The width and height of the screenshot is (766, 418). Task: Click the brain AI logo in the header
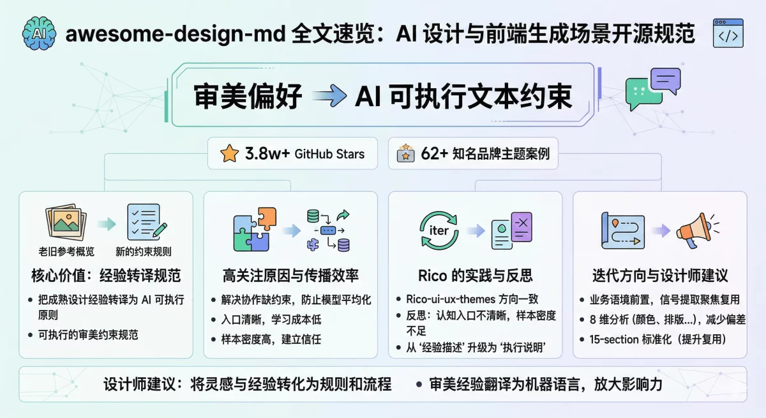[38, 32]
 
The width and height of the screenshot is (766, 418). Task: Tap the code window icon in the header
[728, 33]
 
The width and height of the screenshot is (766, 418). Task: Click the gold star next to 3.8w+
[228, 153]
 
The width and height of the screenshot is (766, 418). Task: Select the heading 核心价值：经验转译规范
[106, 276]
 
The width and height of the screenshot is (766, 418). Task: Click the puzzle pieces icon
[255, 229]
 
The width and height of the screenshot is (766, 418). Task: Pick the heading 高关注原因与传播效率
[290, 276]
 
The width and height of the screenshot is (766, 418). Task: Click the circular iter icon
[439, 229]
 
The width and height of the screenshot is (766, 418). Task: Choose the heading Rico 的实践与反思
[476, 276]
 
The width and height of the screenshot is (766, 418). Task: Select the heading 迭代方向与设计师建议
[660, 276]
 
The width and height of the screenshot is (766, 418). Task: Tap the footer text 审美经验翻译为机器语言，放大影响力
[546, 385]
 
